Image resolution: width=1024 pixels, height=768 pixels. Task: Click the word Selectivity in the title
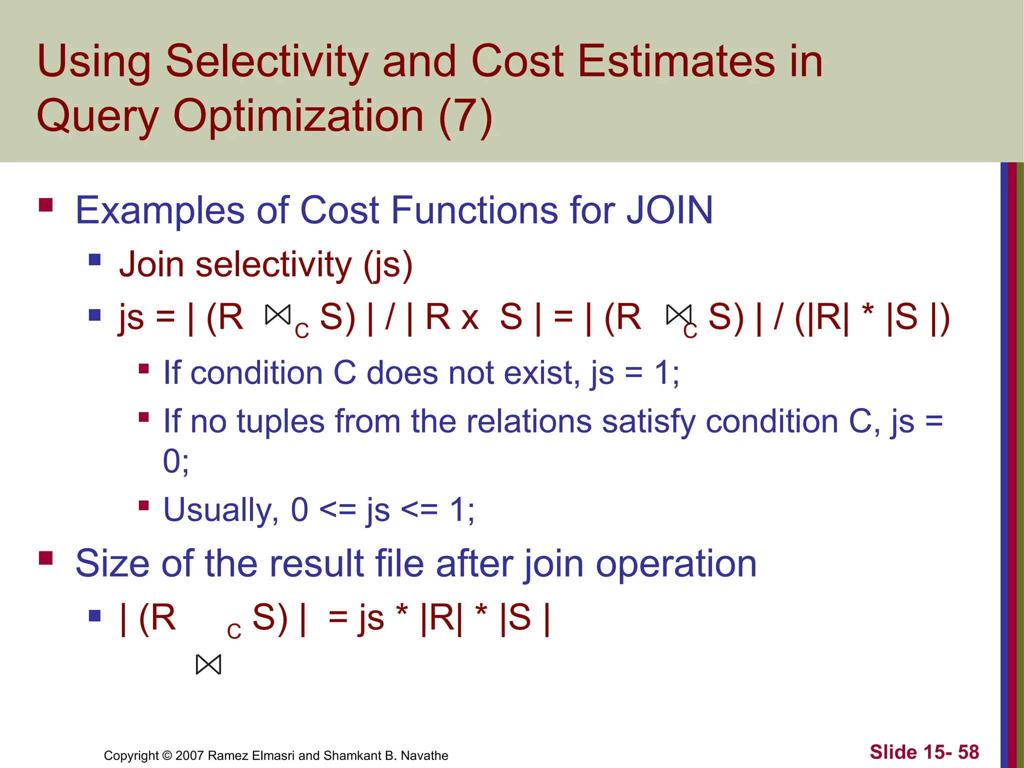[x=267, y=62]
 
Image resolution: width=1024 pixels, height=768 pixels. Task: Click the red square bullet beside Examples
[x=46, y=205]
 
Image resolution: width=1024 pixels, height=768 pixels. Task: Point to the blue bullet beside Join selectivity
[x=94, y=259]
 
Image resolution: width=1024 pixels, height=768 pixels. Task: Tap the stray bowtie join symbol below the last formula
[x=208, y=665]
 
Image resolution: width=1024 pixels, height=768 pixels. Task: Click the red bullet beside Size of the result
[x=46, y=557]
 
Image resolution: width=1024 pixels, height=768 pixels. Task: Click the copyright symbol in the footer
[x=167, y=755]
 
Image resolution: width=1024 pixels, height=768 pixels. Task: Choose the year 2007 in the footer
[x=189, y=755]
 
